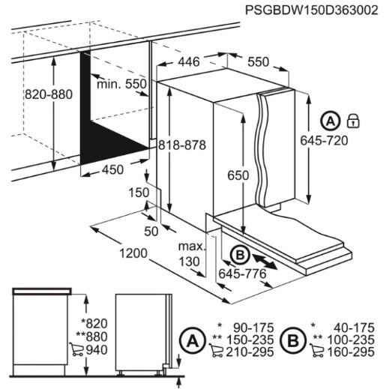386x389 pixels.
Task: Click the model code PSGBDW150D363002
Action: (311, 10)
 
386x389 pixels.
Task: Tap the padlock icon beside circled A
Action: (354, 121)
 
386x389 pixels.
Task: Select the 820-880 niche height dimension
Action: (49, 94)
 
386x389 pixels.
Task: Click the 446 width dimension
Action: (189, 61)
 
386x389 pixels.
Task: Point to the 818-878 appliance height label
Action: (182, 145)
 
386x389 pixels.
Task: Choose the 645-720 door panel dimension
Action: (324, 140)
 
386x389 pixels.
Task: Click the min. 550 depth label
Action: (121, 84)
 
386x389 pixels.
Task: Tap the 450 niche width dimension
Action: (112, 170)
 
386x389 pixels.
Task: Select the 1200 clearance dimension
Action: (133, 253)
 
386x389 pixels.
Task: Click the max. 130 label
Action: (192, 254)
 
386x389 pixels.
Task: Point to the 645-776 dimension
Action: (242, 274)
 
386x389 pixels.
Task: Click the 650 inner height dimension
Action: (238, 175)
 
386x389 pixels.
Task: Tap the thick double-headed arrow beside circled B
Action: (265, 262)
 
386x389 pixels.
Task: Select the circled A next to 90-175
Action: (193, 340)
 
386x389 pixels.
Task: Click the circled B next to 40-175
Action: (293, 340)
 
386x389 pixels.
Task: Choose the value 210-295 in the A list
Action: (250, 352)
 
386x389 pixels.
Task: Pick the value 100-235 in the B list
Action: (351, 340)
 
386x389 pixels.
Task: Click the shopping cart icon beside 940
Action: (76, 349)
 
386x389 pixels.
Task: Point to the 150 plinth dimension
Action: (139, 193)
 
